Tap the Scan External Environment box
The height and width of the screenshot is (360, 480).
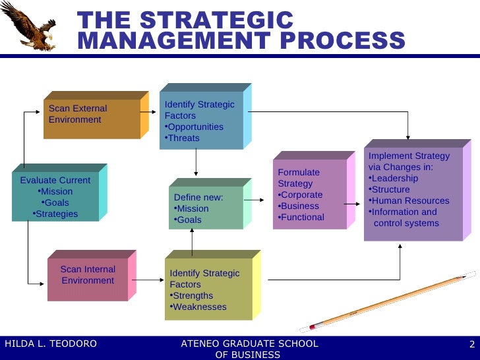pos(92,115)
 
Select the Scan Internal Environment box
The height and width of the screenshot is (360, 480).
pos(88,275)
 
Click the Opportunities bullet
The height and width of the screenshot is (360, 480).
pos(195,127)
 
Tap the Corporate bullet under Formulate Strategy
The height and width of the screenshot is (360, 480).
pos(301,195)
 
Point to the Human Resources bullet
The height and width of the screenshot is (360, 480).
pos(409,200)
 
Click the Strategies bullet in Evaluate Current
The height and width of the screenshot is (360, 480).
pos(56,214)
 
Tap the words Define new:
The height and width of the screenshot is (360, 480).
pos(198,197)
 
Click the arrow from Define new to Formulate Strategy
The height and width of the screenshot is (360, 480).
pos(255,200)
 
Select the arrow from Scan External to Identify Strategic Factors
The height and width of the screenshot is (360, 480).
pos(148,112)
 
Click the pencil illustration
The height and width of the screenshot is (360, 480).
pos(389,302)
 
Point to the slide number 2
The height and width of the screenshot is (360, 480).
pos(472,344)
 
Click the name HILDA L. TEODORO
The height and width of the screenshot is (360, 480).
pos(51,344)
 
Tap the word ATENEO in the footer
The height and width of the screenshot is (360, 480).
pos(202,344)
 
